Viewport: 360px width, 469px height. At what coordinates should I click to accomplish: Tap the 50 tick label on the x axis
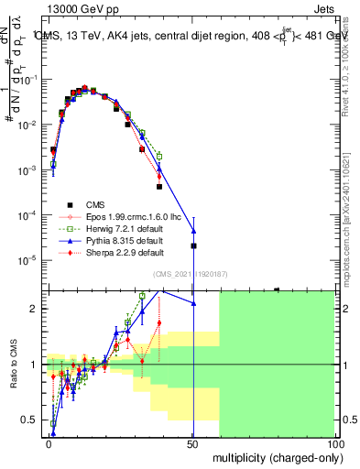tap(192, 442)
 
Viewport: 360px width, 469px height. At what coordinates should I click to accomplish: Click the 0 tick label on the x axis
tap(49, 442)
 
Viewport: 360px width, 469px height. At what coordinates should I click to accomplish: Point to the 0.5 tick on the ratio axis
tap(30, 420)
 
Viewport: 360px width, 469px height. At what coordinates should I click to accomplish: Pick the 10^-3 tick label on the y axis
tap(27, 170)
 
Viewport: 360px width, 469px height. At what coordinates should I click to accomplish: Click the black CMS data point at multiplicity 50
tap(193, 245)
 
